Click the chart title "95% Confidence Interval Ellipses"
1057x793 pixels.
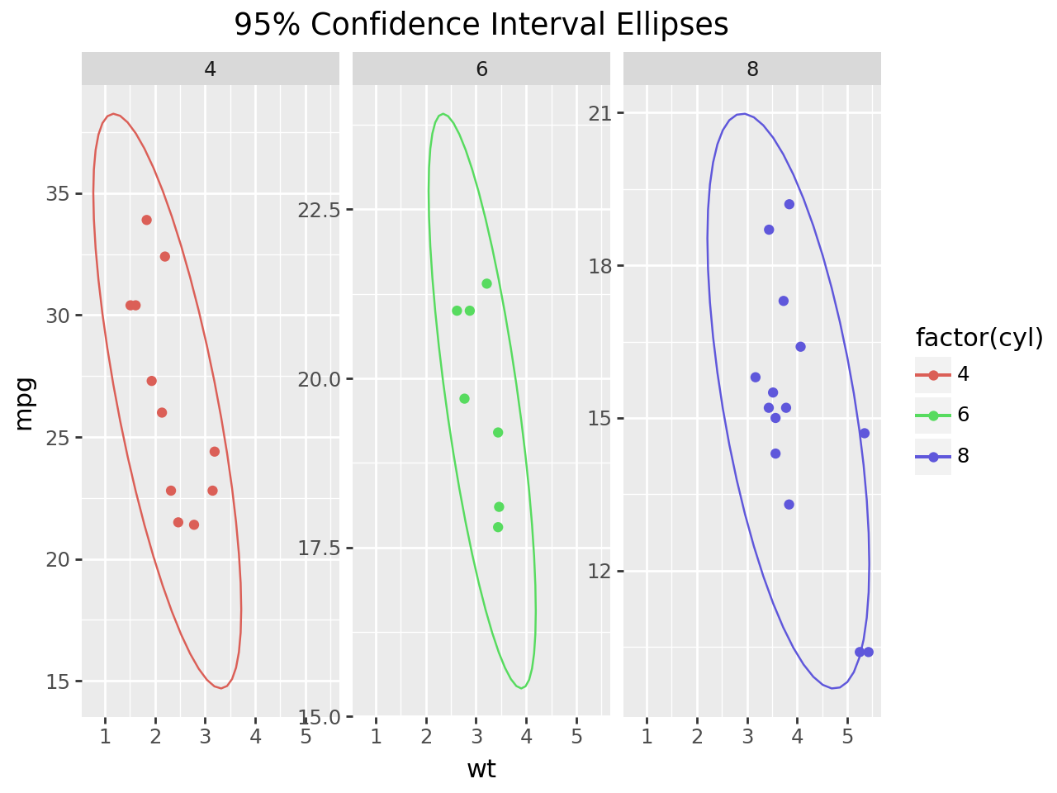(481, 25)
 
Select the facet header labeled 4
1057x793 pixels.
(211, 69)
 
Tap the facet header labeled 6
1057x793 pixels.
(481, 69)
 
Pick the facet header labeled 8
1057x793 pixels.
(752, 69)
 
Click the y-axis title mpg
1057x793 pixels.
(25, 403)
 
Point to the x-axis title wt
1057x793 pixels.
(481, 769)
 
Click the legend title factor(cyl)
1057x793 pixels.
(979, 338)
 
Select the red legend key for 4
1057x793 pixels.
(933, 375)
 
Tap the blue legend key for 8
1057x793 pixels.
(933, 456)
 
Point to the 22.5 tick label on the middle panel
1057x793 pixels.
(320, 210)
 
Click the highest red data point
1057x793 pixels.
(146, 220)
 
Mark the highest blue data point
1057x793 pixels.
(789, 204)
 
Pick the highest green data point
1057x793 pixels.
(486, 283)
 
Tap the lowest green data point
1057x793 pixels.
(498, 527)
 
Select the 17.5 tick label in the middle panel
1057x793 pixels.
(320, 548)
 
